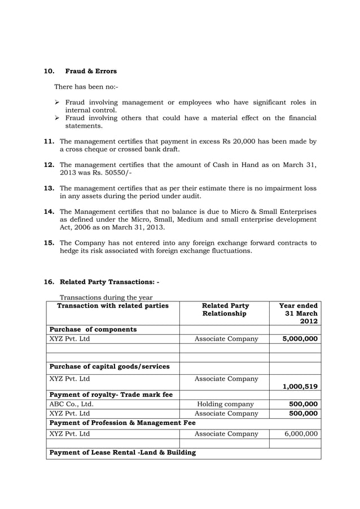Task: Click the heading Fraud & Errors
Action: point(91,72)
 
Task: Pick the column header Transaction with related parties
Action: point(113,306)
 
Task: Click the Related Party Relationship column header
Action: point(224,310)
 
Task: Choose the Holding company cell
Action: point(225,404)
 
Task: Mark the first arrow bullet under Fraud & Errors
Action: point(58,103)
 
